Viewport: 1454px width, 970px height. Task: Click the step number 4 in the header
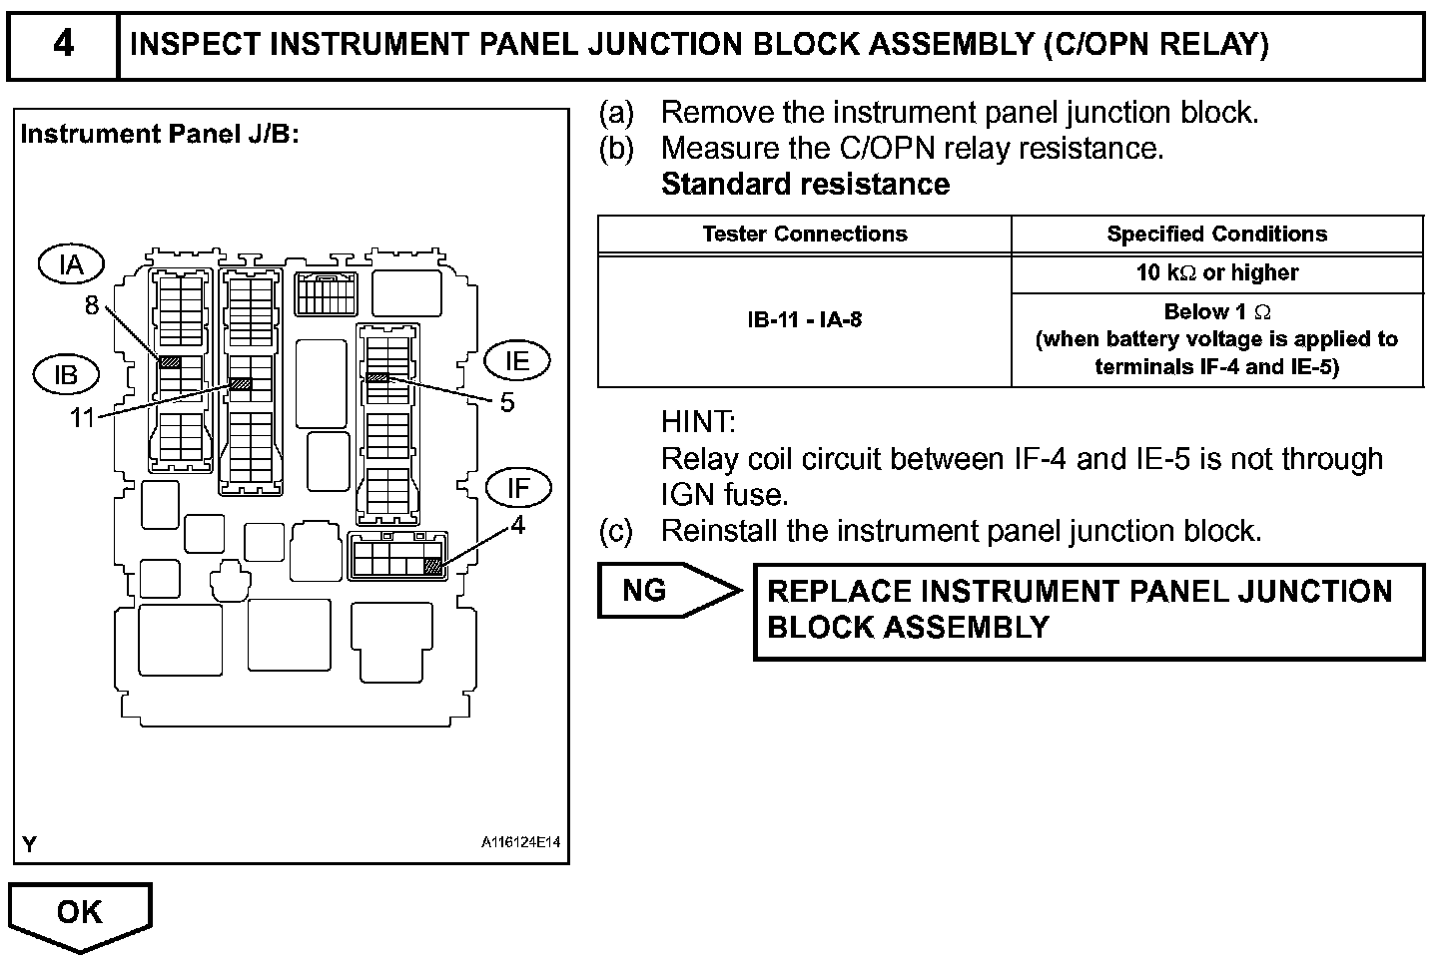[x=63, y=44]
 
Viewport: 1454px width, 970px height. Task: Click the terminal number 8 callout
[x=92, y=305]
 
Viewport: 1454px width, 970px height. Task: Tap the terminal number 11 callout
[x=83, y=418]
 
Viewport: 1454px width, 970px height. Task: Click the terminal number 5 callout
[x=507, y=402]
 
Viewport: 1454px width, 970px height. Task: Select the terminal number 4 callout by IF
[x=517, y=524]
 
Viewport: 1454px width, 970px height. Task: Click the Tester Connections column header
[x=805, y=234]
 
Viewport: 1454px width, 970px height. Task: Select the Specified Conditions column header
[x=1217, y=234]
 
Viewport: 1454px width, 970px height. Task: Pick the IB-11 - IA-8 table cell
[x=805, y=320]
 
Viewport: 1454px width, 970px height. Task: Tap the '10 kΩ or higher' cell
[x=1217, y=272]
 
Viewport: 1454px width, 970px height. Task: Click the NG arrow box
[x=670, y=591]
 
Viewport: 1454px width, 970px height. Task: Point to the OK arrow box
[x=80, y=917]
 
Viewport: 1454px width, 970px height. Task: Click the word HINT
[x=698, y=422]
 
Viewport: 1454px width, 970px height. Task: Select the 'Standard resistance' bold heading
[x=806, y=185]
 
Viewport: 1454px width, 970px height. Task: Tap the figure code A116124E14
[x=520, y=842]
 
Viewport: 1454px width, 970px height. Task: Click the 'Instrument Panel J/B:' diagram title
[x=160, y=135]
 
